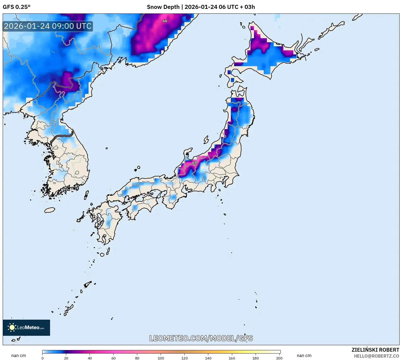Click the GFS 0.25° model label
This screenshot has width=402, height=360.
(16, 7)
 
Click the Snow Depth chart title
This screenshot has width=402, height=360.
(201, 7)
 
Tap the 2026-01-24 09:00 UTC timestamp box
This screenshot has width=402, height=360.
(48, 26)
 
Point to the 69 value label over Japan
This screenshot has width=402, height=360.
(194, 163)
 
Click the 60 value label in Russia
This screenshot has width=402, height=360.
(165, 21)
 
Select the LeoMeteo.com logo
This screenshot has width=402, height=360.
(26, 327)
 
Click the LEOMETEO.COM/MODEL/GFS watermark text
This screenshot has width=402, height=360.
(201, 338)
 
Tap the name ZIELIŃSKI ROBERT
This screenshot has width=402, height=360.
(375, 350)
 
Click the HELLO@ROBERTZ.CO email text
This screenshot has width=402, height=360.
(376, 356)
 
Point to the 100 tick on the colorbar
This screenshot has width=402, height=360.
(161, 358)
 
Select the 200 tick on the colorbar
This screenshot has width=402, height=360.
(279, 358)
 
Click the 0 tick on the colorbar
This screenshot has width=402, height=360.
(43, 358)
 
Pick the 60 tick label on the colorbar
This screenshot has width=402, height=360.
(114, 358)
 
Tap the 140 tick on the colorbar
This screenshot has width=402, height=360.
(208, 358)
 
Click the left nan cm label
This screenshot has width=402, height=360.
(19, 356)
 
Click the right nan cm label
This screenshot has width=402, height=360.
(304, 356)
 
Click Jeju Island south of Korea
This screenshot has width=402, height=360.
(50, 210)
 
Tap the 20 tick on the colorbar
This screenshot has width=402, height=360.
(66, 358)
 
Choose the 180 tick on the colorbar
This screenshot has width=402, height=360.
(256, 358)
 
